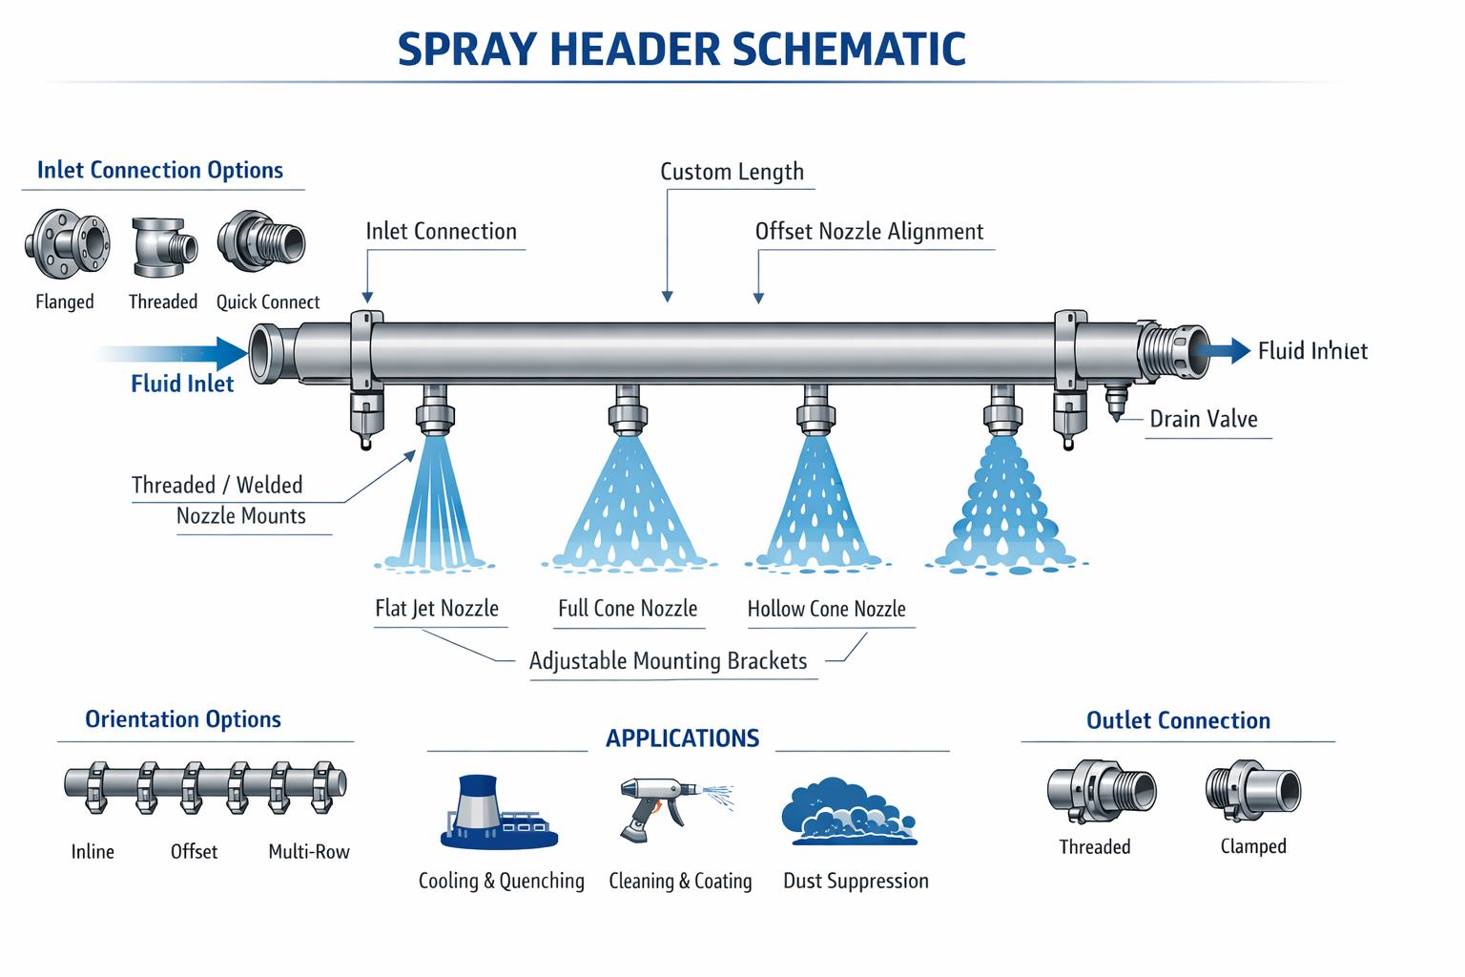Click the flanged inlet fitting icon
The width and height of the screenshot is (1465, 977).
pyautogui.click(x=66, y=243)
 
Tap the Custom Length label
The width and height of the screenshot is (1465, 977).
pyautogui.click(x=732, y=172)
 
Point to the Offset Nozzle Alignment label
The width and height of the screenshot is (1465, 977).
pyautogui.click(x=869, y=232)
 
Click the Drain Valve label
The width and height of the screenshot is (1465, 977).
pyautogui.click(x=1203, y=419)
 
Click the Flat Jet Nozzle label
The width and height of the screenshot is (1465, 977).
pyautogui.click(x=437, y=609)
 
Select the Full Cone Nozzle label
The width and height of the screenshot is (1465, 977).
pyautogui.click(x=628, y=609)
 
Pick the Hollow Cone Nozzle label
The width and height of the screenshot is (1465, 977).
pyautogui.click(x=826, y=609)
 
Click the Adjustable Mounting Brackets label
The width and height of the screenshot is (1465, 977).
pyautogui.click(x=668, y=661)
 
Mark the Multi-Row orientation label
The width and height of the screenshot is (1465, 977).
pyautogui.click(x=308, y=852)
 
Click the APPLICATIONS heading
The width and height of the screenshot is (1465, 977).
pyautogui.click(x=682, y=738)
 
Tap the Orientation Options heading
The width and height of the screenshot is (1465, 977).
pyautogui.click(x=183, y=719)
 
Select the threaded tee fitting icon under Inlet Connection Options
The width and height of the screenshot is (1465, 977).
pyautogui.click(x=163, y=245)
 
